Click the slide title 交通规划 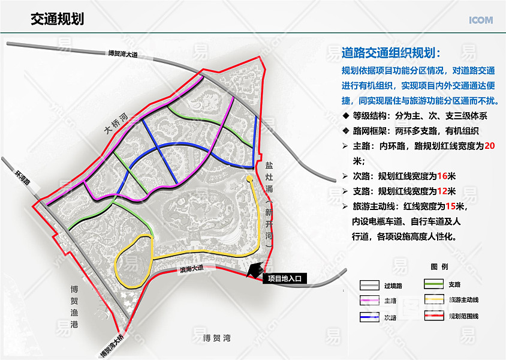pos(57,19)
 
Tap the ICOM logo pos(481,20)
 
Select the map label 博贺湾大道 pos(123,55)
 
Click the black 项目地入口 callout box pos(285,278)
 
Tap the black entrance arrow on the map pos(255,271)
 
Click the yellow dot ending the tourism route pos(249,179)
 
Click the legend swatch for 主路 pos(370,300)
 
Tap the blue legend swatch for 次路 pos(370,316)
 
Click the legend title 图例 pos(439,267)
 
